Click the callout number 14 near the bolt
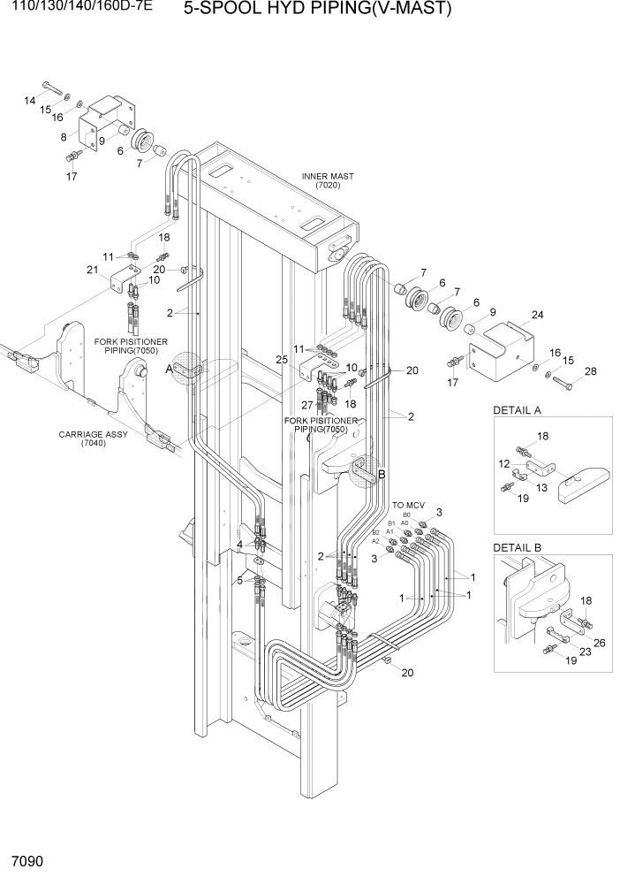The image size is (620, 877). [29, 100]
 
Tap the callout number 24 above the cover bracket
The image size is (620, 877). [537, 314]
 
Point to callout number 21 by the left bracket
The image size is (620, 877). [91, 270]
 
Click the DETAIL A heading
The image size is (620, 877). [518, 410]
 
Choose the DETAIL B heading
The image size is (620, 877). [518, 547]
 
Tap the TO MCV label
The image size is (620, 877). [409, 505]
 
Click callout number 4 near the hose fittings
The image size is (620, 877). [238, 544]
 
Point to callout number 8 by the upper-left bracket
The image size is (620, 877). [64, 137]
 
